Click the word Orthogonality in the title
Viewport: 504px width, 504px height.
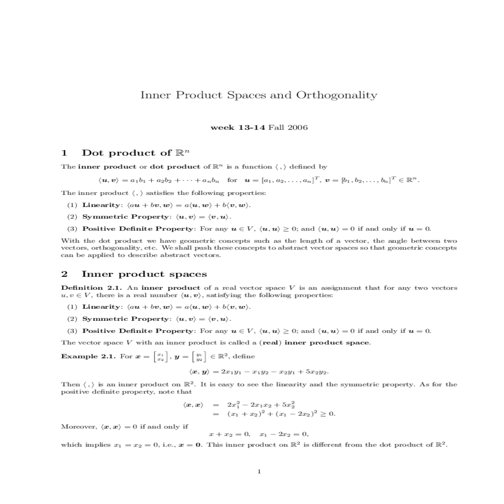click(336, 95)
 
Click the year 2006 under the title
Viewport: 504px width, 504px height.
click(297, 127)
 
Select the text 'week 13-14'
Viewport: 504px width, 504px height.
click(237, 127)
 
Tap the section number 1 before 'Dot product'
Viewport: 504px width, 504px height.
click(64, 153)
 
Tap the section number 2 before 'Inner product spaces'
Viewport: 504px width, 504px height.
click(64, 274)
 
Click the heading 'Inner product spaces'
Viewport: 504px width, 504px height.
click(144, 274)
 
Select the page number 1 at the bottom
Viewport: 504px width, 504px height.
click(259, 472)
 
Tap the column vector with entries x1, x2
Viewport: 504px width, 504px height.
click(160, 357)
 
